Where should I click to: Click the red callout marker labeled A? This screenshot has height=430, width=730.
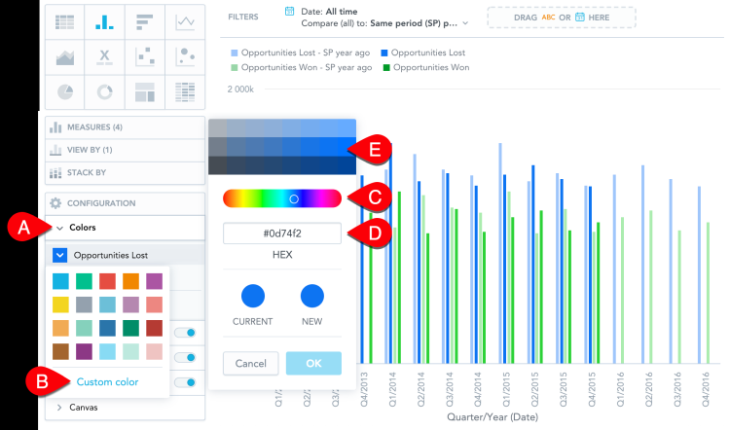pos(21,228)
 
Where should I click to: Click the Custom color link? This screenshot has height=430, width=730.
pos(106,382)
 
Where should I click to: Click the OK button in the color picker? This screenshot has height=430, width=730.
pos(313,363)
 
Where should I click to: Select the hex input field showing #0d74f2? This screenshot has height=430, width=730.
pos(282,233)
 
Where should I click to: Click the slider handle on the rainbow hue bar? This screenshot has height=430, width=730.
pos(293,198)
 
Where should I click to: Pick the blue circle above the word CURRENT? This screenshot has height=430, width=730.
pos(252,296)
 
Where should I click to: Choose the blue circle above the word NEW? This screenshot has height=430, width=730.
pos(311,296)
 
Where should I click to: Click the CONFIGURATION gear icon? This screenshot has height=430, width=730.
pos(55,203)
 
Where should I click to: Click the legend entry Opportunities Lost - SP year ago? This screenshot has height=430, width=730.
pos(303,53)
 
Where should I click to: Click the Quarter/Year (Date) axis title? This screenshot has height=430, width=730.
pos(492,416)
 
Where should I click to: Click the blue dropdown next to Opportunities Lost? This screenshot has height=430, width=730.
pos(59,255)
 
